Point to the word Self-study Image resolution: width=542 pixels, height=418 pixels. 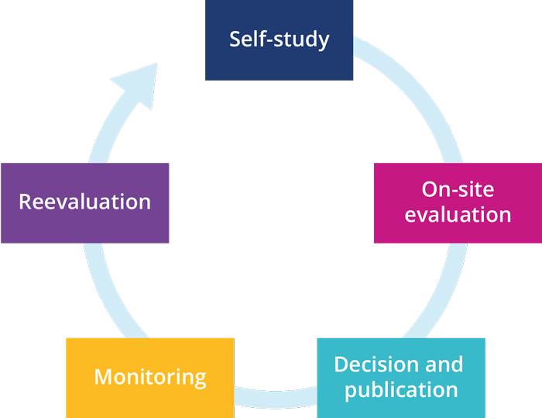pos(279,39)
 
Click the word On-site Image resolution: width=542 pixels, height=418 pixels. pos(458,189)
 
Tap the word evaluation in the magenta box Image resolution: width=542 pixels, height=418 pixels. pos(458,213)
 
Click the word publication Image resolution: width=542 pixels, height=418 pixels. pos(401,389)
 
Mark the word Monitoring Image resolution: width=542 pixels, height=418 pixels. pos(149,378)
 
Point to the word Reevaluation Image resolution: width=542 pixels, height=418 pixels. pos(84,202)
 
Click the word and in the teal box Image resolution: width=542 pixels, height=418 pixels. pos(446,364)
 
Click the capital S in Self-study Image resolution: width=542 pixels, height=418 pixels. pos(235,39)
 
